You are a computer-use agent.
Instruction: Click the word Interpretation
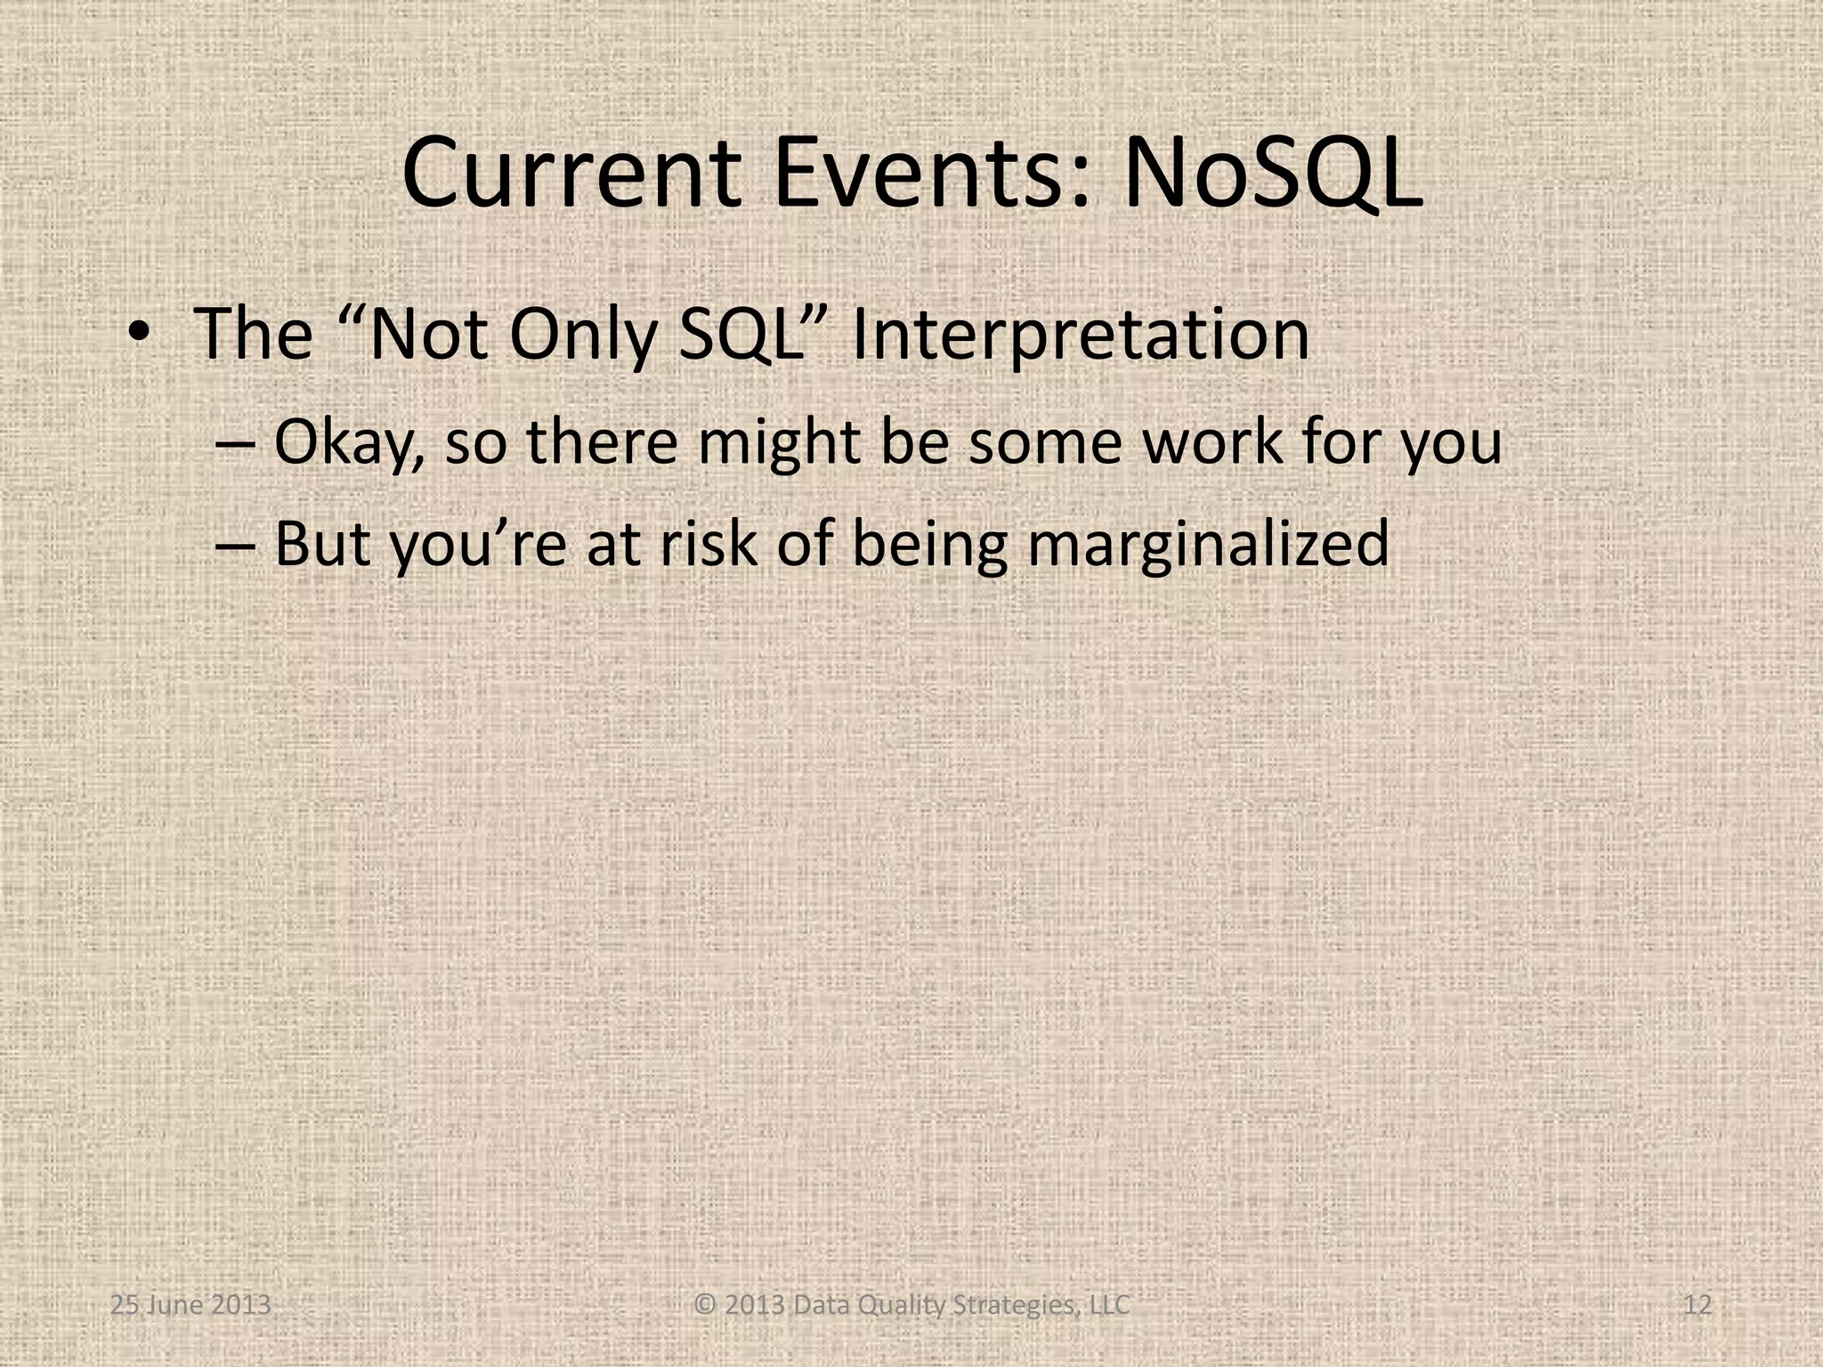point(1080,336)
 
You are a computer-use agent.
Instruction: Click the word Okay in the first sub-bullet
point(349,442)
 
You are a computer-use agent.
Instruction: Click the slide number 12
point(1698,1305)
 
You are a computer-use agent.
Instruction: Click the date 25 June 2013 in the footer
point(190,1305)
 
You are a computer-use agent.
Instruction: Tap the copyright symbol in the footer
point(705,1305)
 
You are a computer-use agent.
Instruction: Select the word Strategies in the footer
point(1019,1305)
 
